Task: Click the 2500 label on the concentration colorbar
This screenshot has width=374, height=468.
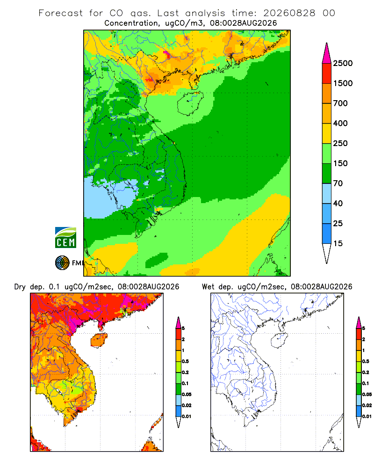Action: click(343, 63)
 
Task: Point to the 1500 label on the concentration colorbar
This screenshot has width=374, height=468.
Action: click(343, 83)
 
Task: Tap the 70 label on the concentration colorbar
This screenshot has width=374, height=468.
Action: click(338, 183)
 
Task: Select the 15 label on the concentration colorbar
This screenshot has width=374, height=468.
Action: click(338, 243)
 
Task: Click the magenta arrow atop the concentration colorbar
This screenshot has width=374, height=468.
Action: click(327, 53)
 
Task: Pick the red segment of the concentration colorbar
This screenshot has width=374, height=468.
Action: click(327, 73)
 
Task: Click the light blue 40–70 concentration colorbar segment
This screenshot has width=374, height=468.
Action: click(327, 193)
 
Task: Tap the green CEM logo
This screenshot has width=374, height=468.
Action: click(65, 238)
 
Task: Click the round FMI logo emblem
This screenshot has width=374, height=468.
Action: click(62, 263)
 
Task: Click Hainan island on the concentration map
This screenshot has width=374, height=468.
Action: click(190, 103)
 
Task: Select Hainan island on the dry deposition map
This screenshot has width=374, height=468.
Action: click(99, 340)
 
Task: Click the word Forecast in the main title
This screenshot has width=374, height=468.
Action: click(61, 13)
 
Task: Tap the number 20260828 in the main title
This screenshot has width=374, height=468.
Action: click(289, 13)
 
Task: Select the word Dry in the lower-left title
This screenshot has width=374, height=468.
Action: click(20, 287)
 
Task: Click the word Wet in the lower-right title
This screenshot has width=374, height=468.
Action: click(208, 287)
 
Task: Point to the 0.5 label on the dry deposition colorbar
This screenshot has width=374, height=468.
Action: click(185, 361)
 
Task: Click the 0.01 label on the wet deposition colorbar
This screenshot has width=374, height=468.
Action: click(367, 417)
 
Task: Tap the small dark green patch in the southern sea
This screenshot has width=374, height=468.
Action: click(157, 260)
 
